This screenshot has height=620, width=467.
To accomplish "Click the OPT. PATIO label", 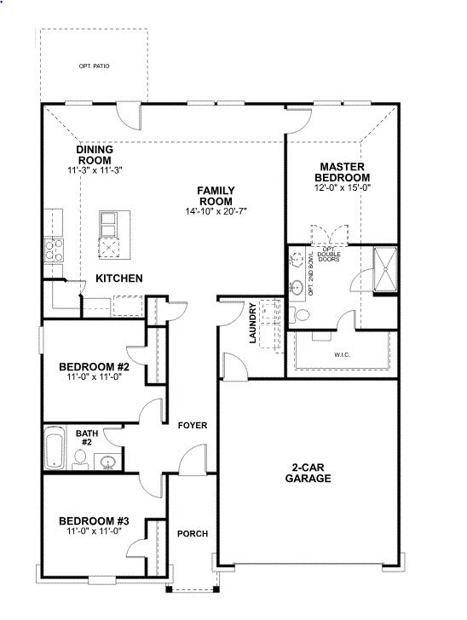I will tap(94, 66).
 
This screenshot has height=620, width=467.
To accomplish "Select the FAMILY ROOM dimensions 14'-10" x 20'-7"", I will tap(216, 210).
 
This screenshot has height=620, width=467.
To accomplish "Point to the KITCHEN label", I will tap(119, 278).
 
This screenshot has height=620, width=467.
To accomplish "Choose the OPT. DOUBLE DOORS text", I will tap(329, 253).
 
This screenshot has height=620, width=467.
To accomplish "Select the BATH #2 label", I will tap(87, 438).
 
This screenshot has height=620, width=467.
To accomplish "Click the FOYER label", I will tap(193, 425).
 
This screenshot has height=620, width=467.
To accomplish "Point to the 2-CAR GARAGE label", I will tap(308, 474).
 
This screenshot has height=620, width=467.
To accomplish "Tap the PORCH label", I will tap(193, 534).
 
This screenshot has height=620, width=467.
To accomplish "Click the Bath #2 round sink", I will tap(107, 462).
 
